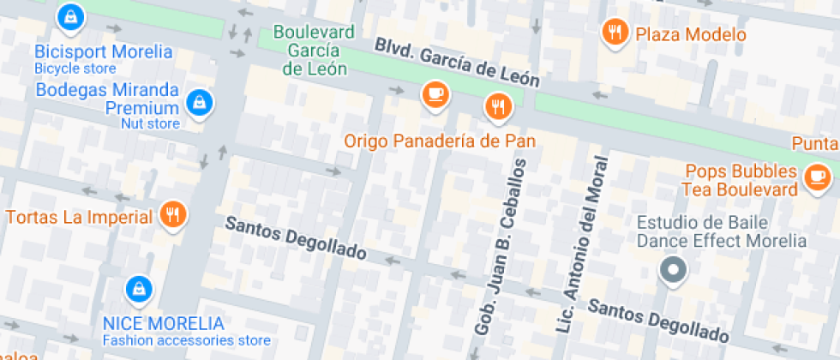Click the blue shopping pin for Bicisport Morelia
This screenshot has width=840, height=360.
69,16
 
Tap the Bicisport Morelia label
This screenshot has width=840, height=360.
103,51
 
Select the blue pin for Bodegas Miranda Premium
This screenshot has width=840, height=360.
200,102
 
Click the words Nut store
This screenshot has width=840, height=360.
150,124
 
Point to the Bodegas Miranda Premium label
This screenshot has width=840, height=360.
107,99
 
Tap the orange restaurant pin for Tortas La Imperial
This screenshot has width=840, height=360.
173,215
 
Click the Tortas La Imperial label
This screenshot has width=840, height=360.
79,216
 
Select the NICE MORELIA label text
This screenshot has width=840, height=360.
163,324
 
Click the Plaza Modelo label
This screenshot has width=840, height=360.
690,35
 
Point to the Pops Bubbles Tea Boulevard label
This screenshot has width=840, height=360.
739,180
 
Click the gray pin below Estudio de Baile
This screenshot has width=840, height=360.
673,271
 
